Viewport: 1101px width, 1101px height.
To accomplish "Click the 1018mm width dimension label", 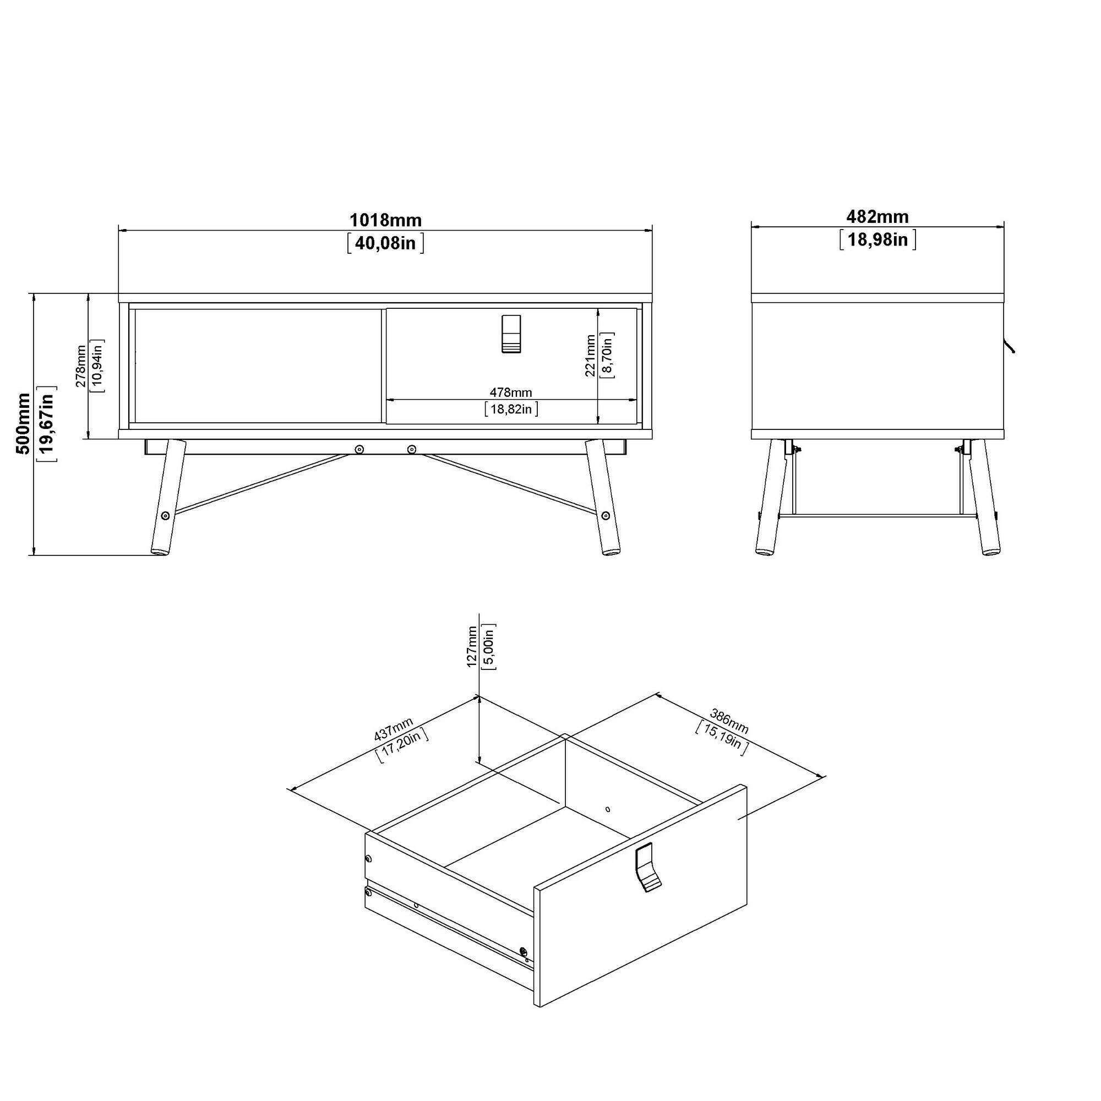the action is tap(385, 220).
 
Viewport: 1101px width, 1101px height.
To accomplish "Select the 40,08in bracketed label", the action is tap(385, 243).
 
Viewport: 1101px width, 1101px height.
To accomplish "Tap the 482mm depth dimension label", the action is tap(877, 216).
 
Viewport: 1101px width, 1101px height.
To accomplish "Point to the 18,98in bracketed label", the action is tap(877, 239).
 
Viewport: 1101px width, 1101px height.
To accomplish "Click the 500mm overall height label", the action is tap(23, 423).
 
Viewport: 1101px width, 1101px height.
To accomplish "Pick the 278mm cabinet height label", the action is tap(81, 366).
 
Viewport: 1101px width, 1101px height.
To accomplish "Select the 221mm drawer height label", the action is tap(590, 356).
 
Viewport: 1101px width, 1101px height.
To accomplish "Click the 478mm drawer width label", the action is tap(511, 393).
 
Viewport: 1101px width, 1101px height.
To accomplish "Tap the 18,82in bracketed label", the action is tap(511, 408).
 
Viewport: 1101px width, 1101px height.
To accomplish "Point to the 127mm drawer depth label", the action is tap(472, 646).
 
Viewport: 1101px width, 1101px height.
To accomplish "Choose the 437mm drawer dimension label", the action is tap(393, 729).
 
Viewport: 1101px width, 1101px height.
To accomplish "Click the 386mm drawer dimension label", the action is tap(729, 720).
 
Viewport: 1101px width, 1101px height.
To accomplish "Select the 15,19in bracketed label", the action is tap(721, 738).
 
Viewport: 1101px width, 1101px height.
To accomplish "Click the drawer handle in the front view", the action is tap(511, 334).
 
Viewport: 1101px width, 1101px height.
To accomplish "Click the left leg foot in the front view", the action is tap(160, 551).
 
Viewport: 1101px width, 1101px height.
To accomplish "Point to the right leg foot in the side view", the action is tap(990, 551).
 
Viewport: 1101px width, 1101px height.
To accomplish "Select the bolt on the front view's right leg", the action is tap(605, 516).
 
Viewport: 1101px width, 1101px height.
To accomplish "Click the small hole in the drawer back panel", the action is tap(608, 809).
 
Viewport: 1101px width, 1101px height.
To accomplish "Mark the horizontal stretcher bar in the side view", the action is tap(878, 516).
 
